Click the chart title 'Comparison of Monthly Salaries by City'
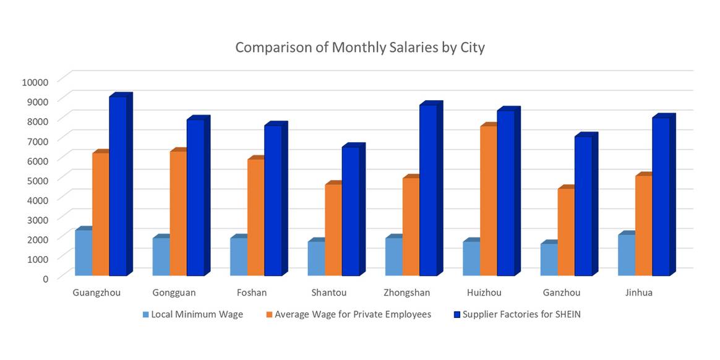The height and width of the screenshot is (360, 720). (x=359, y=48)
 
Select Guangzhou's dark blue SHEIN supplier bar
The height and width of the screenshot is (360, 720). (x=118, y=186)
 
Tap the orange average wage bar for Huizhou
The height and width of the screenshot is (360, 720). (x=488, y=200)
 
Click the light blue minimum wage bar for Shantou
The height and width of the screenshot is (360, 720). (x=316, y=258)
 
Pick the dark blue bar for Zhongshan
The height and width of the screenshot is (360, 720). (x=428, y=190)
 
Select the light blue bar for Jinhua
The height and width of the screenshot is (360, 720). (x=626, y=255)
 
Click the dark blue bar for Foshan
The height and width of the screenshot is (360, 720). (x=273, y=200)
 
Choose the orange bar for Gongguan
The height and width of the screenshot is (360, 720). (x=178, y=213)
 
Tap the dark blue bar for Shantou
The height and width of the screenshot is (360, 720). (x=351, y=211)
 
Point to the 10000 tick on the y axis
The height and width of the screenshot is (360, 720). (x=35, y=82)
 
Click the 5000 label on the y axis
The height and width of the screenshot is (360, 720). (x=37, y=180)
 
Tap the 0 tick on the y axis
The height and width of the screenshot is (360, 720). (x=45, y=278)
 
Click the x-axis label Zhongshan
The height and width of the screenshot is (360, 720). (x=406, y=293)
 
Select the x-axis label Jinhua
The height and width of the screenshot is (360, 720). (x=639, y=293)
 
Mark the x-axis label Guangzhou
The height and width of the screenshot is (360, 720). (x=96, y=293)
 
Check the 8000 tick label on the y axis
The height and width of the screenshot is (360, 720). (x=37, y=121)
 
